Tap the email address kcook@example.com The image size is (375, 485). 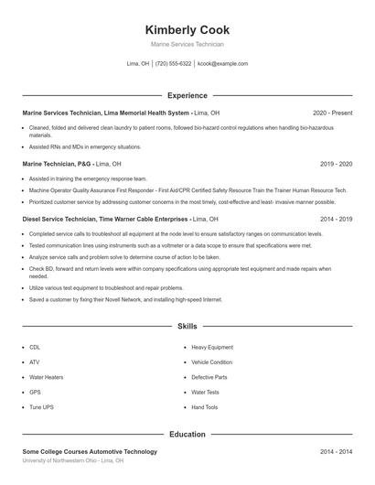coord(222,64)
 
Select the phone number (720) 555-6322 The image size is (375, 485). coord(173,64)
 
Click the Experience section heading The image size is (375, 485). coord(187,95)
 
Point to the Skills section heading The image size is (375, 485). coord(187,326)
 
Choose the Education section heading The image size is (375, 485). coord(187,434)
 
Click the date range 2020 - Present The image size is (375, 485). coord(332,113)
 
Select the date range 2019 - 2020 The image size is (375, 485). coord(337,164)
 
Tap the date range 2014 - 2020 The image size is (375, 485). coord(337,220)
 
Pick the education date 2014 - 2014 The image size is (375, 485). coord(337,452)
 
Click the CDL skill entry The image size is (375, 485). coord(35,348)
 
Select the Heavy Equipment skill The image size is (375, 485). coord(212,348)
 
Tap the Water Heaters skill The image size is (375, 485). coord(46,377)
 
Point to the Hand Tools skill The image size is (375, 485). coord(205,407)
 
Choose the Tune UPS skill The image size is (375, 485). coord(41,407)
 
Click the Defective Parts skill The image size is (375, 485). coord(209,377)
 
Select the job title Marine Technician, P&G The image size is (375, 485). coord(57,164)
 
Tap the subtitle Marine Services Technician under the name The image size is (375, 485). coord(187,44)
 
